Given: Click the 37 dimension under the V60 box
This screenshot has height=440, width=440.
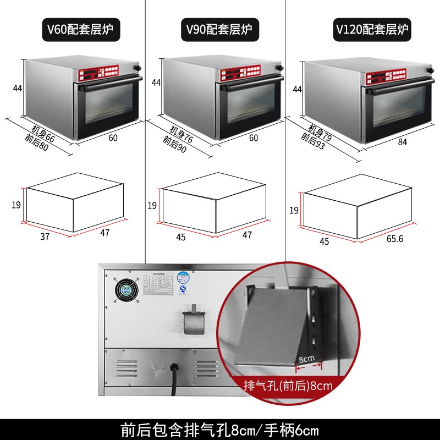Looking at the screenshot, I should [45, 237].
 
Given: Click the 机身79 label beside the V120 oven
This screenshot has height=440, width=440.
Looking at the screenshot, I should [320, 132].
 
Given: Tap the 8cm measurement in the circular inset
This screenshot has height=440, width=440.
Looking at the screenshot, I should [306, 358].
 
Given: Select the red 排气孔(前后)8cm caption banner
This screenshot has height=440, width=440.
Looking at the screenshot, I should [288, 386].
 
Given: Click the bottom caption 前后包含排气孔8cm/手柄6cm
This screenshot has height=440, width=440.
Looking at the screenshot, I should [219, 429].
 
